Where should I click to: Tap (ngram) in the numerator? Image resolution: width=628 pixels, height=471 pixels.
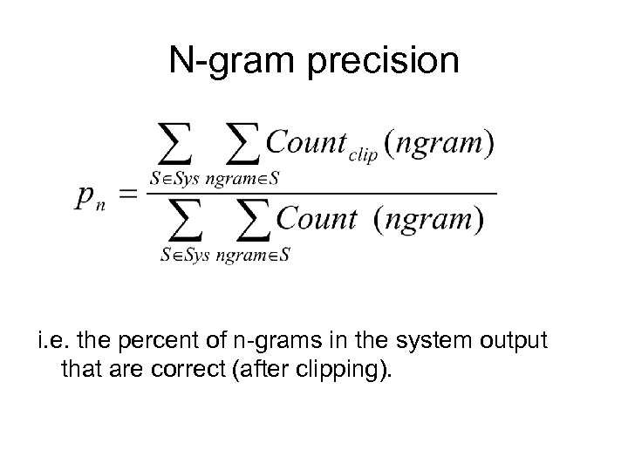coord(441,142)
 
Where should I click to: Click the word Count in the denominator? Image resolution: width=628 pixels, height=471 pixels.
coord(317,217)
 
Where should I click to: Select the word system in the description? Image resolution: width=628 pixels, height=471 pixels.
coord(428,340)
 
